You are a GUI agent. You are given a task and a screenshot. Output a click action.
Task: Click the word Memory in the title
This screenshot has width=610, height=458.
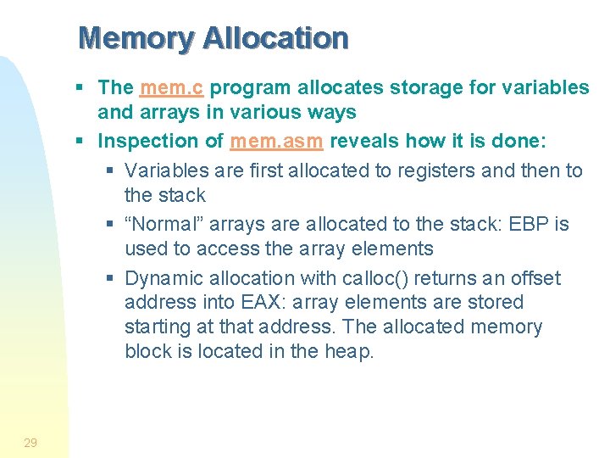(x=136, y=38)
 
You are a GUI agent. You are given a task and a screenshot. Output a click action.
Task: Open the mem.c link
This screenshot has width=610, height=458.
(x=172, y=87)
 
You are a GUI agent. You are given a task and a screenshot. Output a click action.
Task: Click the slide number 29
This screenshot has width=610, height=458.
(x=30, y=442)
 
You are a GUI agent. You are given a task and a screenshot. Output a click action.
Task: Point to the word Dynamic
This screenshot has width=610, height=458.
(x=163, y=279)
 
